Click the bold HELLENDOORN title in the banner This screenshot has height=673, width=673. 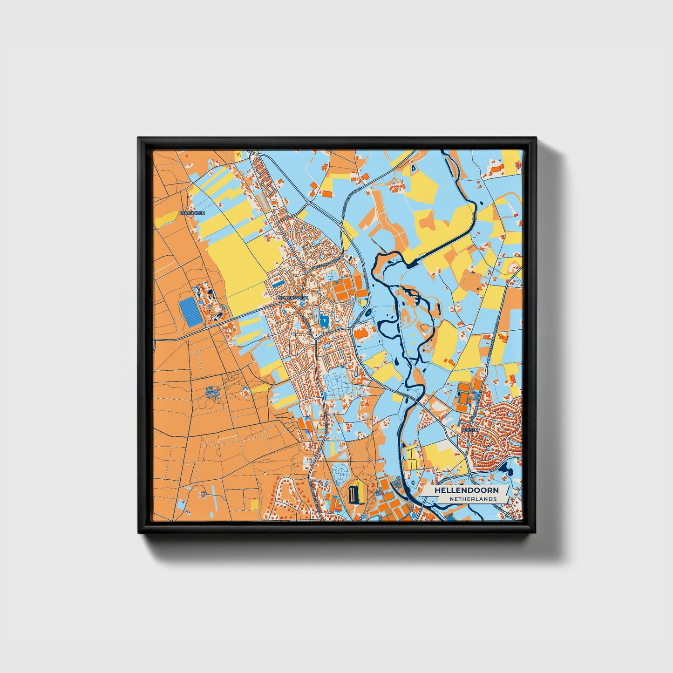466,490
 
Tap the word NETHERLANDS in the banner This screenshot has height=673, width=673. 473,499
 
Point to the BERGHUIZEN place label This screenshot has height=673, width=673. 192,213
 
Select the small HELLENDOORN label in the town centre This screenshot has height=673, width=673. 292,297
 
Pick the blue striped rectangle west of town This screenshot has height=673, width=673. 190,313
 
